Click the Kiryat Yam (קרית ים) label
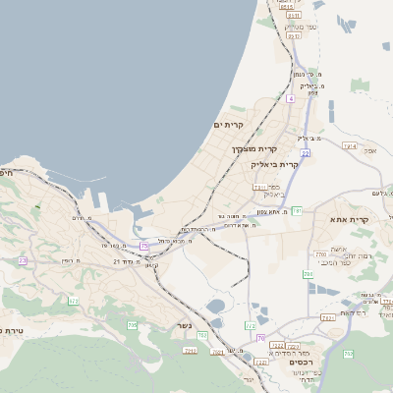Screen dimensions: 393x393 tap(228, 125)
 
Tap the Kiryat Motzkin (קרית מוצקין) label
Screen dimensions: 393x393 tap(251, 149)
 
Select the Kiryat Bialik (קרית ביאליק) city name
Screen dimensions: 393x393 tap(274, 164)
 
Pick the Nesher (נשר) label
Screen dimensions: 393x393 tap(187, 324)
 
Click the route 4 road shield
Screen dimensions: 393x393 tap(291, 99)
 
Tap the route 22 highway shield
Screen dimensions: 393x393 tap(306, 153)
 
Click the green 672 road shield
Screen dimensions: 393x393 tap(73, 301)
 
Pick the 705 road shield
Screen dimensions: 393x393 tap(133, 324)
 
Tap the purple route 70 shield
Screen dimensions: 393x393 tap(260, 337)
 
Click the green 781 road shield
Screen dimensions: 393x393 tap(296, 211)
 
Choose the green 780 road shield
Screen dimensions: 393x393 tap(322, 256)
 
